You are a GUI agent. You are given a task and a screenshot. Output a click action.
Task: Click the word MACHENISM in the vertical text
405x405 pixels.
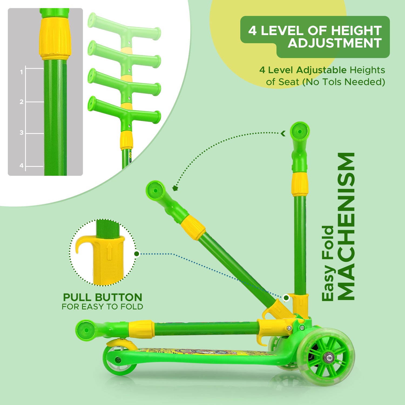(x=346, y=226)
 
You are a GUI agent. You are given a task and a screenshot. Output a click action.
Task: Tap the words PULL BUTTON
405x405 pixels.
(x=103, y=298)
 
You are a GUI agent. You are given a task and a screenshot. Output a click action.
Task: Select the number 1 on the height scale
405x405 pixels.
(x=21, y=72)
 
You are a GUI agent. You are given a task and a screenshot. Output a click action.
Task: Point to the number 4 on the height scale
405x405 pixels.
(x=22, y=166)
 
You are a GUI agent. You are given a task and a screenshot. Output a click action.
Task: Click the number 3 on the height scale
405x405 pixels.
(x=22, y=133)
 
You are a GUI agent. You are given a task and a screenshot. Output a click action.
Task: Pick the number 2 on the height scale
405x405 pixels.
(x=22, y=102)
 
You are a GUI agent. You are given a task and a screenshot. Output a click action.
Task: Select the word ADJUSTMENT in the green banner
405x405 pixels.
(x=335, y=43)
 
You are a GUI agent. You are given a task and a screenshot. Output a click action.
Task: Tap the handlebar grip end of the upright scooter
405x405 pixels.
(x=299, y=132)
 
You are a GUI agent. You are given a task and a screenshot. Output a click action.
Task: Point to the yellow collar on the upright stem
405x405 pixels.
(x=300, y=184)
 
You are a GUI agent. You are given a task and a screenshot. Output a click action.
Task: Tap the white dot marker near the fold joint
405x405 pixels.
(x=286, y=298)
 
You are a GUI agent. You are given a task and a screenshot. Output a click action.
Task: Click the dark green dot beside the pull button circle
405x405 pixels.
(x=137, y=254)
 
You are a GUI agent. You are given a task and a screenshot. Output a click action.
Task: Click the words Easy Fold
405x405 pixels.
(x=328, y=263)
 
